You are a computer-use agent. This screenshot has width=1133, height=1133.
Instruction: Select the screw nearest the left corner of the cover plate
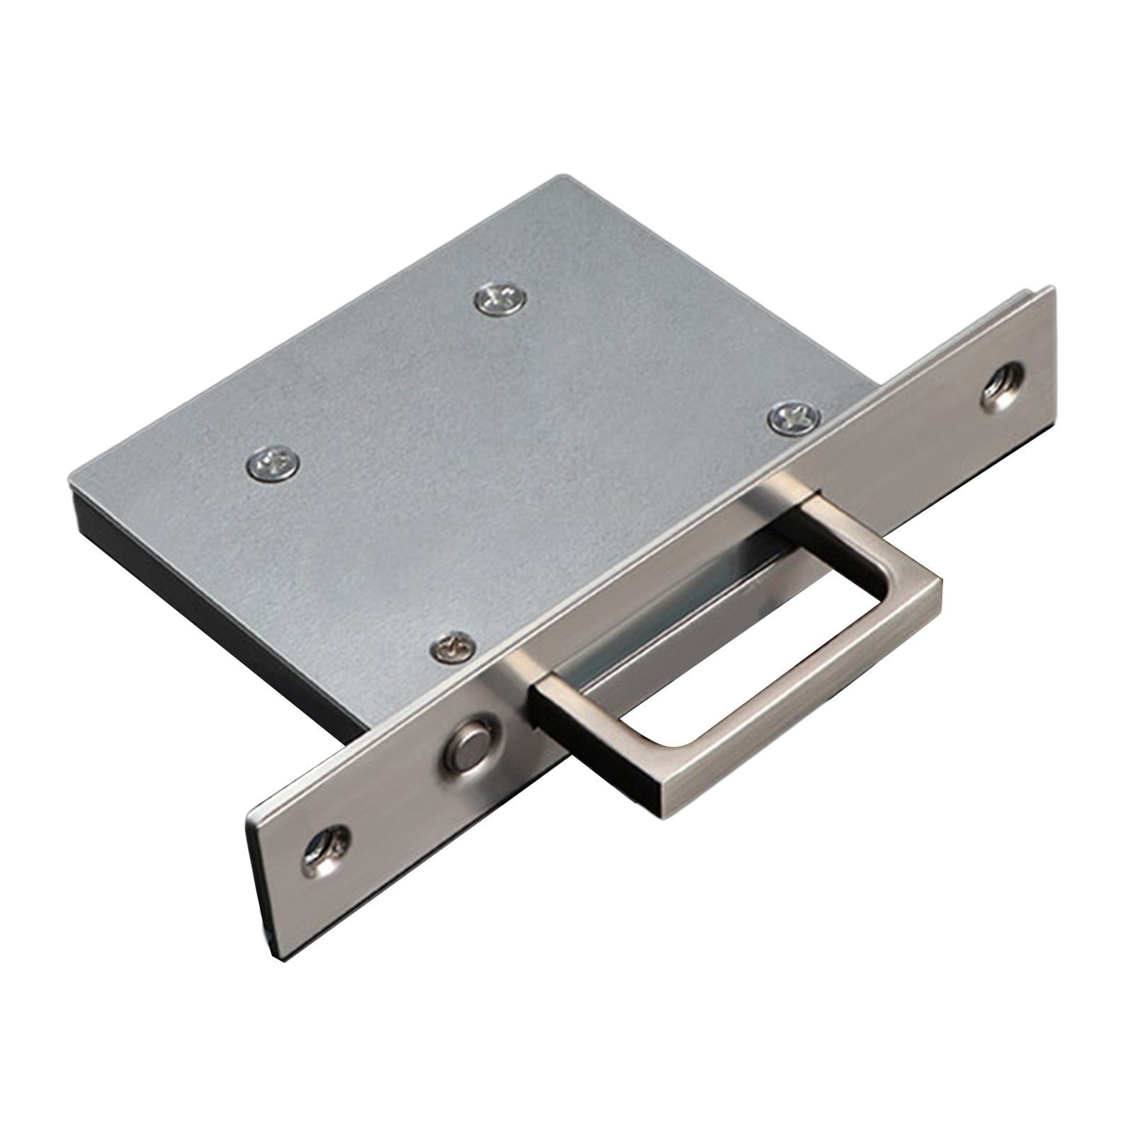pyautogui.click(x=272, y=465)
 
